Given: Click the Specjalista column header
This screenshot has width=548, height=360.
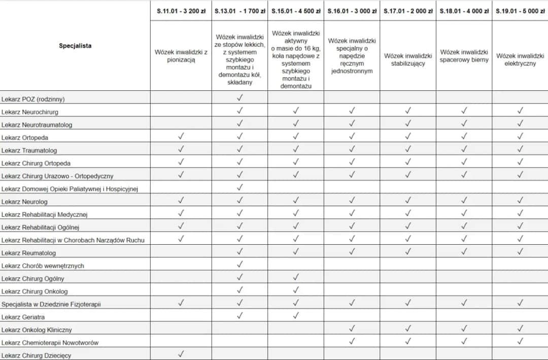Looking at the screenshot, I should (x=75, y=46).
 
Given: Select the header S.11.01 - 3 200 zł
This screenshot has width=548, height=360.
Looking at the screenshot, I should (x=181, y=11).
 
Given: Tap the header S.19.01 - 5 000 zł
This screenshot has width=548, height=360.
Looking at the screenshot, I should (x=520, y=11).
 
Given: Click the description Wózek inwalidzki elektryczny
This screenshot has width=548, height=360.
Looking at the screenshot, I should (x=520, y=59).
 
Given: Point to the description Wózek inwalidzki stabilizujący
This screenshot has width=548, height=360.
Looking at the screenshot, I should (x=408, y=59).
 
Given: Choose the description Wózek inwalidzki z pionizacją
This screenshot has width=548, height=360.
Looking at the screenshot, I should (x=181, y=56).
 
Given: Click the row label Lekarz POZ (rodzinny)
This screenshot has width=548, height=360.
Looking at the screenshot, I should (x=33, y=99).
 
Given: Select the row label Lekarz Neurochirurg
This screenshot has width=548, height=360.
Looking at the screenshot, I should (x=30, y=112).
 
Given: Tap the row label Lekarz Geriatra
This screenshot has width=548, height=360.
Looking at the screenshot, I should (x=23, y=317).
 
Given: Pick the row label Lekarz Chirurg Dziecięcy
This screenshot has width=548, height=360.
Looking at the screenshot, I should (x=37, y=355).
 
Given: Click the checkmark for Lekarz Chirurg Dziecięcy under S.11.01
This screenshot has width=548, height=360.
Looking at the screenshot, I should (x=181, y=354).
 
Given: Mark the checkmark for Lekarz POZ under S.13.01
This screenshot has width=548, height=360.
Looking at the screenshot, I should (x=240, y=97).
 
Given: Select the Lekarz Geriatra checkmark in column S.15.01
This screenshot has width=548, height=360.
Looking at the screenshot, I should (x=296, y=315).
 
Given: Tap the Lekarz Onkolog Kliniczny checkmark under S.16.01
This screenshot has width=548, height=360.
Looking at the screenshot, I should (x=352, y=329).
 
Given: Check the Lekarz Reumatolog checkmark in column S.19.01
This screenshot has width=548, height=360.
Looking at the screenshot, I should (x=520, y=251).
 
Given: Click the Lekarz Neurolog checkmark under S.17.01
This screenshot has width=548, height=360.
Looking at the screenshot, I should (x=408, y=200).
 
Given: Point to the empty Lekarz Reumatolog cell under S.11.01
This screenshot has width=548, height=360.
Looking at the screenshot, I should (x=181, y=251).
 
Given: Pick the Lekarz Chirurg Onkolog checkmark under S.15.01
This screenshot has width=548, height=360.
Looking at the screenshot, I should (x=296, y=290).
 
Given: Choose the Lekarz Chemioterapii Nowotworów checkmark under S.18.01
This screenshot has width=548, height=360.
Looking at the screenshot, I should (x=464, y=341).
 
